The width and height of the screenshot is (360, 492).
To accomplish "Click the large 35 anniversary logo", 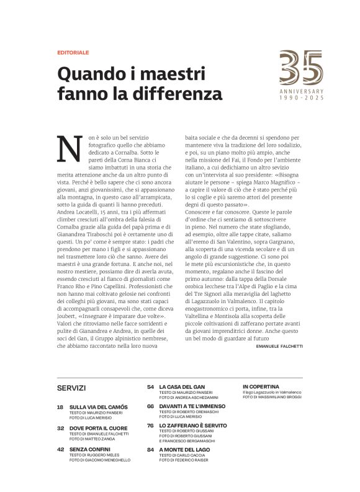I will tap(301, 68).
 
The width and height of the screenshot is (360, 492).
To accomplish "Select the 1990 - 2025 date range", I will tap(301, 99).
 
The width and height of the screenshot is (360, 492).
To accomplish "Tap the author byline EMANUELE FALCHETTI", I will tap(279, 346).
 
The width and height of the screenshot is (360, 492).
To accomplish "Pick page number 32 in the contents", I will tap(60, 427).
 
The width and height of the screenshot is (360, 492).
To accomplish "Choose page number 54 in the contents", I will tap(151, 386).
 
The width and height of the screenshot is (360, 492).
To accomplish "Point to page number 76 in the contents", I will tap(151, 426).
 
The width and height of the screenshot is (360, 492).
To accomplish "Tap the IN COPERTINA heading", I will tap(261, 386).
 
